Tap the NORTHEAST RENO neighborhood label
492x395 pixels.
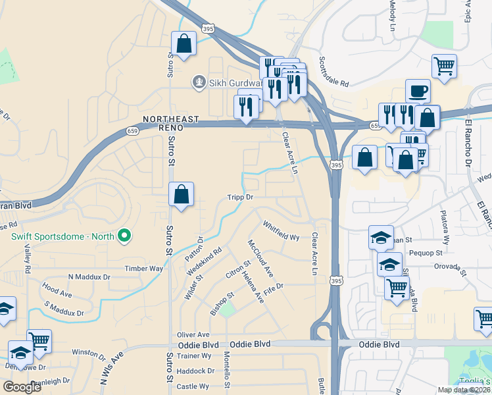171,123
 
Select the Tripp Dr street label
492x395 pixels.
240,197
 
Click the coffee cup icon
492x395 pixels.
418,90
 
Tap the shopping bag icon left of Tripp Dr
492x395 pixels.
181,194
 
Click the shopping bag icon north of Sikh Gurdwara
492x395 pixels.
184,44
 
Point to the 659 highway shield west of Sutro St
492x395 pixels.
132,132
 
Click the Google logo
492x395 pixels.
22,387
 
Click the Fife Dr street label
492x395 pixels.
273,287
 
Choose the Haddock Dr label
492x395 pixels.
193,371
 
